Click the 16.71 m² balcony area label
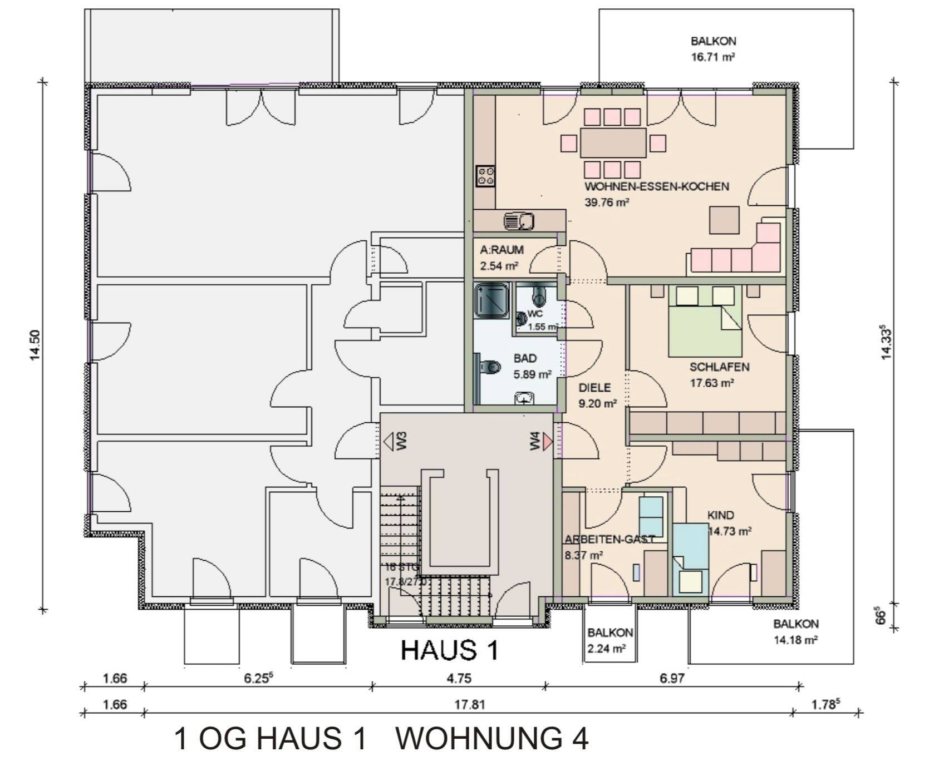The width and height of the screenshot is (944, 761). click(713, 49)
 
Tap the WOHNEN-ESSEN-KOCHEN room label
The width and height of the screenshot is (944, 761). click(656, 187)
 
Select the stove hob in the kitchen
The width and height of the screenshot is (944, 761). click(485, 176)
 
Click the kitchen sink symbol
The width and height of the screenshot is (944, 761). click(519, 221)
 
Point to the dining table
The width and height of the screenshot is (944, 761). click(613, 143)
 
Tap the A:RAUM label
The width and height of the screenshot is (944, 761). click(501, 251)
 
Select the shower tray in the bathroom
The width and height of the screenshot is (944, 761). click(491, 300)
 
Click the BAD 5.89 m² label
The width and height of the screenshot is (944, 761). click(532, 367)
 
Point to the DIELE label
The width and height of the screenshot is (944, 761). click(594, 388)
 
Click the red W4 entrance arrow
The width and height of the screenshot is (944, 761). click(548, 442)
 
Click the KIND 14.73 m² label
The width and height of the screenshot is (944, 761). click(728, 523)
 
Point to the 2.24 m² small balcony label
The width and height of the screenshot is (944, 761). click(610, 640)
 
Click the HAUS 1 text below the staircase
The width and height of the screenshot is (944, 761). click(449, 650)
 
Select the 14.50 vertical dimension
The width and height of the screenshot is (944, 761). click(36, 345)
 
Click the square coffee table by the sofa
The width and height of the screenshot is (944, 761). click(724, 220)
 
